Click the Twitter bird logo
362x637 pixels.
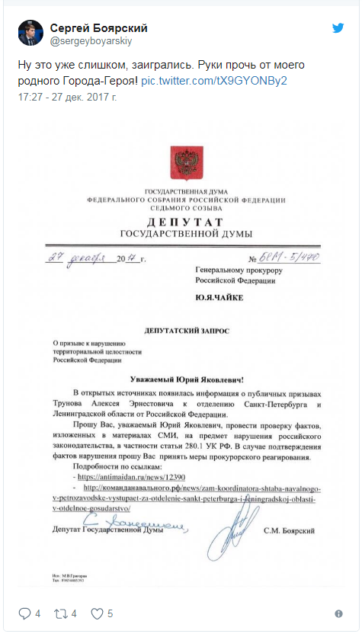tap(338, 28)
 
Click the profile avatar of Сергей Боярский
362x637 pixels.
tap(30, 33)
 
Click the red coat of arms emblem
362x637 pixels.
tap(184, 161)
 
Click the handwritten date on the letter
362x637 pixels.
tap(95, 259)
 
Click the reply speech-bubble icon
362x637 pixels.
tap(24, 613)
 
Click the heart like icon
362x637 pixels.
tap(97, 613)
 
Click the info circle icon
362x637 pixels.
tap(338, 613)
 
